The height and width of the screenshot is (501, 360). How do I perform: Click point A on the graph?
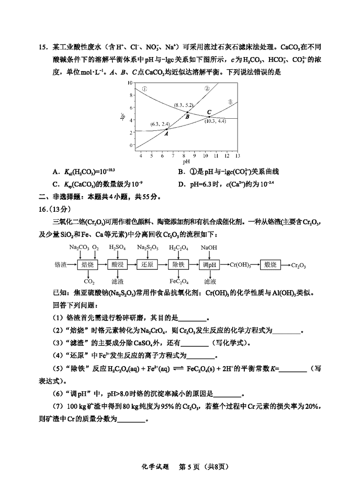pyautogui.click(x=166, y=130)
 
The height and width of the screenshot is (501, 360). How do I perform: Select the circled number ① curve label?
pyautogui.click(x=144, y=89)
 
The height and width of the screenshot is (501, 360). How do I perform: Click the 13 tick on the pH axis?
pyautogui.click(x=237, y=155)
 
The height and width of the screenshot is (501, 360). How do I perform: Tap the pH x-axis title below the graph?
pyautogui.click(x=186, y=161)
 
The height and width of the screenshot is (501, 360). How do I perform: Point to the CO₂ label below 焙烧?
pyautogui.click(x=89, y=282)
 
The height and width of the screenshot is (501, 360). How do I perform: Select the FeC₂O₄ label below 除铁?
pyautogui.click(x=179, y=282)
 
